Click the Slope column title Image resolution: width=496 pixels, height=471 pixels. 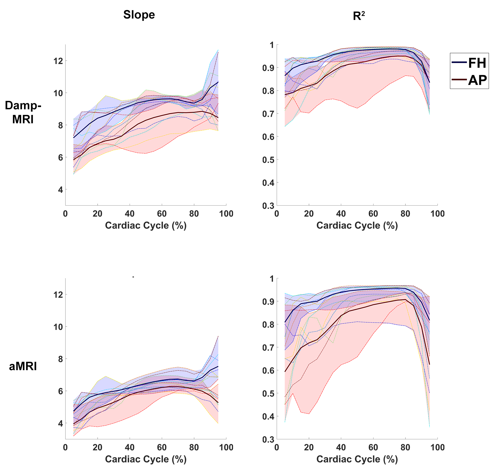tap(139, 15)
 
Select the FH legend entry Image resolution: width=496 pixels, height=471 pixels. tap(477, 63)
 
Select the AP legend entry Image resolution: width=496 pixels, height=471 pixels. tap(477, 80)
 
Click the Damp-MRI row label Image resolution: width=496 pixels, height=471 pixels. tap(23, 113)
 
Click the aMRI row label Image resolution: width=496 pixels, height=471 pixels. tap(23, 366)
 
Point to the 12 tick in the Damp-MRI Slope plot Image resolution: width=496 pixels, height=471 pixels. tap(57, 61)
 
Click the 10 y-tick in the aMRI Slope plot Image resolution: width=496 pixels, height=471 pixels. tap(57, 327)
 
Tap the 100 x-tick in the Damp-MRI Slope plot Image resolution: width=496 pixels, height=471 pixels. tap(226, 214)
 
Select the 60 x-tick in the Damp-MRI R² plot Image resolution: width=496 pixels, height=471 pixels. tap(373, 214)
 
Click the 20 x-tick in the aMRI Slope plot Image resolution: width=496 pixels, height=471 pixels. tap(97, 448)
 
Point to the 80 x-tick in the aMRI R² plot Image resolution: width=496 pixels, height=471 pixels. tap(405, 448)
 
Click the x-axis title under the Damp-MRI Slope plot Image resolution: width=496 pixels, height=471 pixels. tap(146, 226)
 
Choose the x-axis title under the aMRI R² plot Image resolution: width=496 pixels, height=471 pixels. tap(357, 459)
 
